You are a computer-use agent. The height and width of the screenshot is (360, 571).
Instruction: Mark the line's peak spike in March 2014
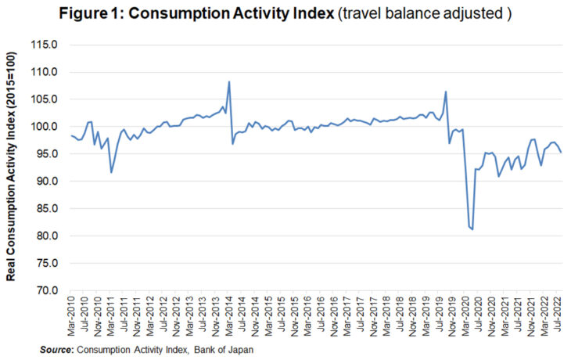[228, 81]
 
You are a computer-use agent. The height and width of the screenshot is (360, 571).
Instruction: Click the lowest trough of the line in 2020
[472, 229]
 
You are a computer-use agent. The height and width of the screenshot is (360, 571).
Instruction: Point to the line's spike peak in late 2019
[446, 92]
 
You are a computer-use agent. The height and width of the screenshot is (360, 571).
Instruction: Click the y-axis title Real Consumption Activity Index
[14, 167]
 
